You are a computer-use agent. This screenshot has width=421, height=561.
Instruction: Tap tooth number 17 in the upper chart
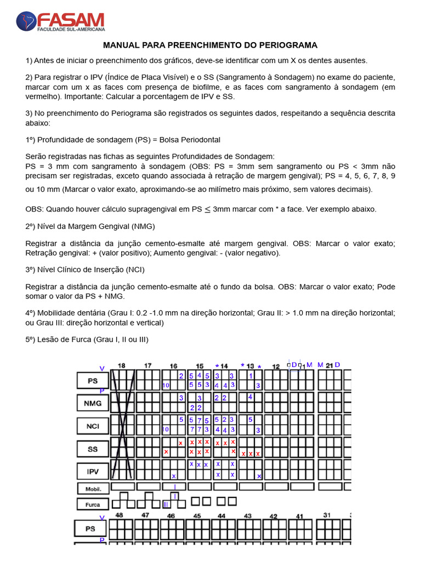point(148,365)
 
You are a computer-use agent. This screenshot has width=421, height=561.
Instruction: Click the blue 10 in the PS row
point(166,386)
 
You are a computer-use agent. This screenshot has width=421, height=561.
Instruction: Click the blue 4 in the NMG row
point(250,397)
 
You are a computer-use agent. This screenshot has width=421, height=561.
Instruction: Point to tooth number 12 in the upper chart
point(276,366)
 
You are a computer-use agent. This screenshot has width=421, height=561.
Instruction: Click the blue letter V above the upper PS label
point(102,369)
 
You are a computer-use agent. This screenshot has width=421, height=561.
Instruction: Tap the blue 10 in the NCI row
point(166,430)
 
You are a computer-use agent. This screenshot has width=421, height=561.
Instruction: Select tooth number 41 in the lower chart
point(299,516)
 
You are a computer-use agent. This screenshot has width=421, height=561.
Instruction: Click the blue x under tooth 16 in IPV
point(174,476)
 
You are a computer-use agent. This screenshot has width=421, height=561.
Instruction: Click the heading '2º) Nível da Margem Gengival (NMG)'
point(90,226)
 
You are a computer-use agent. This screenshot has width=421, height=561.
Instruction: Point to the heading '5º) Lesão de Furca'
point(87,340)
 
